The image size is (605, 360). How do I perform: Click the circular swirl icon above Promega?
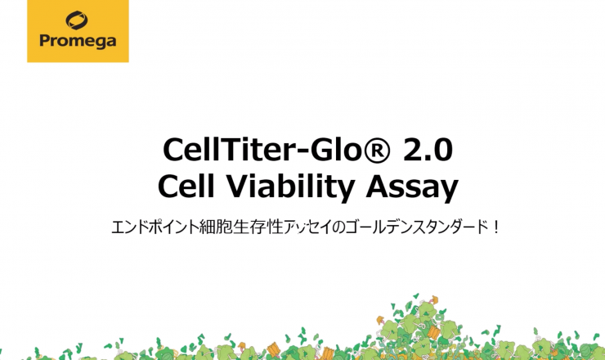(x=76, y=20)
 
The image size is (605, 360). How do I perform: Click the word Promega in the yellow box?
(x=78, y=41)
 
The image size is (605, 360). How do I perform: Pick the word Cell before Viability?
(x=186, y=186)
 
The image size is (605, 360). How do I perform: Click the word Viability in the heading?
(x=289, y=187)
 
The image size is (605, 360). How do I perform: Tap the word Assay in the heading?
(x=412, y=188)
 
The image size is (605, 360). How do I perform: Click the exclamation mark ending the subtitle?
(x=495, y=227)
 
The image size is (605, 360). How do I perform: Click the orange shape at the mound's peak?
(x=434, y=299)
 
